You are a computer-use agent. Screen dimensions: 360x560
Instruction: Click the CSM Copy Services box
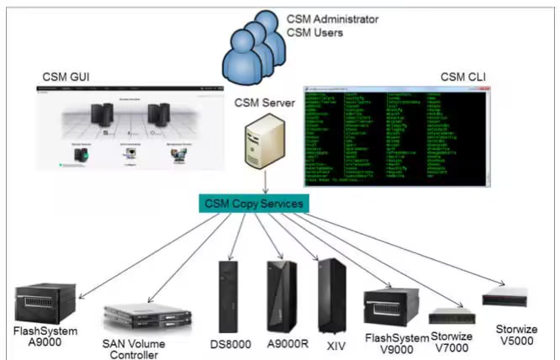pos(252,204)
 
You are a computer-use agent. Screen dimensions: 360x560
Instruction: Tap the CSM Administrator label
pos(333,19)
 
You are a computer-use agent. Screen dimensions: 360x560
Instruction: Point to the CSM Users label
pos(314,33)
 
